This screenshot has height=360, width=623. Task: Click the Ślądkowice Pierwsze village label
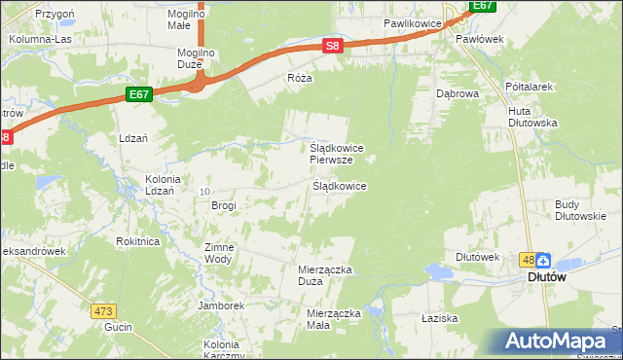pyautogui.click(x=337, y=154)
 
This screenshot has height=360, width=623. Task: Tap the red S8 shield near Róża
pyautogui.click(x=333, y=46)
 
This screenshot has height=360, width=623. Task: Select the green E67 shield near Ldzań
pyautogui.click(x=139, y=94)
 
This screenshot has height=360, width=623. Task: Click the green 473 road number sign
pyautogui.click(x=104, y=311)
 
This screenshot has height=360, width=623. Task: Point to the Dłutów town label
pyautogui.click(x=547, y=276)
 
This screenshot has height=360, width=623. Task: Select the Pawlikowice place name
pyautogui.click(x=414, y=21)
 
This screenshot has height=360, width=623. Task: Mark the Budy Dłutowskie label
pyautogui.click(x=581, y=210)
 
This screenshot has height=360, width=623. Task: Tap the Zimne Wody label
pyautogui.click(x=218, y=253)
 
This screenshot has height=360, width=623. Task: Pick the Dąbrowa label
pyautogui.click(x=458, y=94)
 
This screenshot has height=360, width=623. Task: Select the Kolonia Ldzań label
pyautogui.click(x=163, y=185)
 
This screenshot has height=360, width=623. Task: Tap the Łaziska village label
pyautogui.click(x=440, y=318)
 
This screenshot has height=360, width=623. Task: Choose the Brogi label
pyautogui.click(x=224, y=205)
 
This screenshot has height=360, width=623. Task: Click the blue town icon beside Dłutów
pyautogui.click(x=543, y=260)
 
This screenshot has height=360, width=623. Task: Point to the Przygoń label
pyautogui.click(x=55, y=15)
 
